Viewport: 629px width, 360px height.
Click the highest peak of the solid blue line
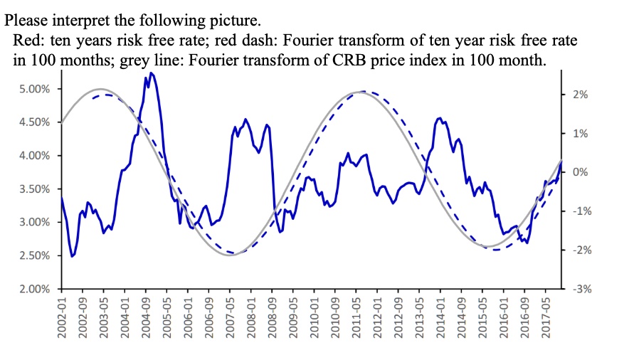(152, 73)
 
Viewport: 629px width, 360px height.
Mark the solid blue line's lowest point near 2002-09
(73, 256)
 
